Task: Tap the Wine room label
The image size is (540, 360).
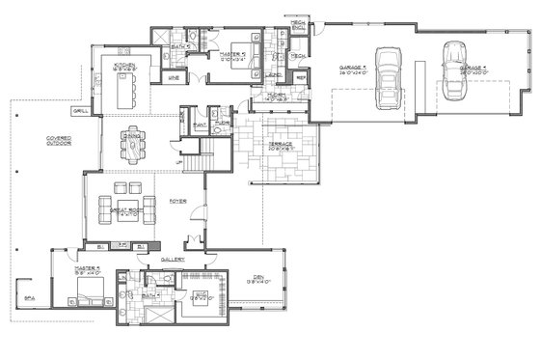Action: point(174,76)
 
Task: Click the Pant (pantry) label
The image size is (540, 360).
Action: point(202,124)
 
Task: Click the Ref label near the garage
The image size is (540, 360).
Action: point(301,76)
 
